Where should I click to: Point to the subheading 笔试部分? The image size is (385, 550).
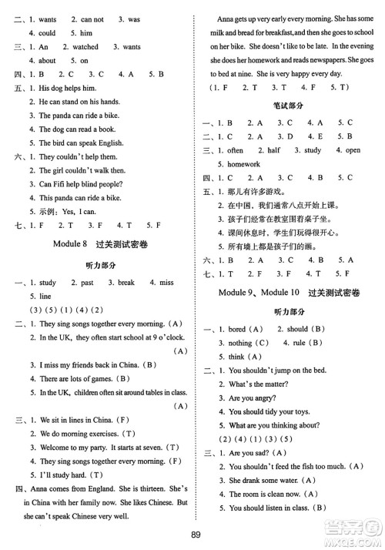290,106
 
